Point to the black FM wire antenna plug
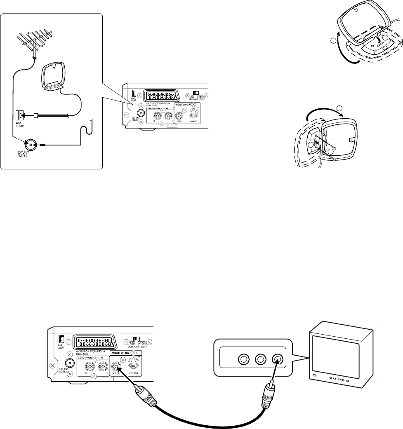click(43, 145)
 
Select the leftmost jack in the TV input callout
click(243, 359)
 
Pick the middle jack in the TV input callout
click(261, 359)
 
